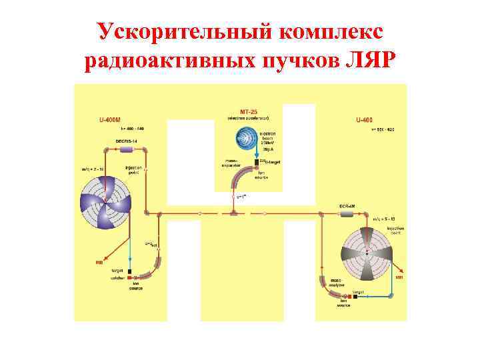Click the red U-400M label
(110, 120)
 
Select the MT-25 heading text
(248, 110)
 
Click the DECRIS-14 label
(126, 141)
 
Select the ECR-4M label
(347, 205)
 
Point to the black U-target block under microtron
(256, 163)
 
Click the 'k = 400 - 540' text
(132, 128)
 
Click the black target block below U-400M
(129, 272)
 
